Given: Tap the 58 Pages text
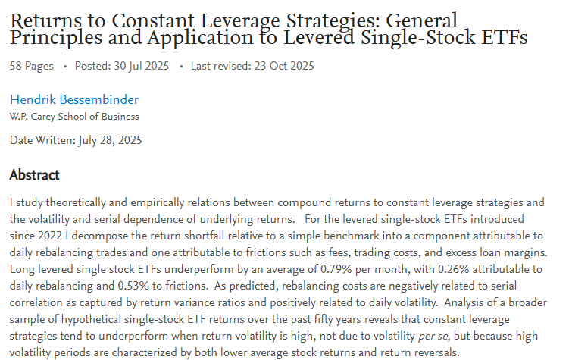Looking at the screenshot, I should click(32, 66).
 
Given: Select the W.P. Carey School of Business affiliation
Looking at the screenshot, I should click(74, 117).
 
